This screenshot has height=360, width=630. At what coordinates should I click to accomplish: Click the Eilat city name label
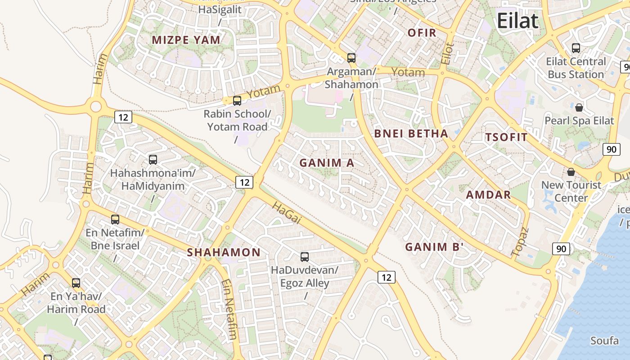click(x=517, y=21)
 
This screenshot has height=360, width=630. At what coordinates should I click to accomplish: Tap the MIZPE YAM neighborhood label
click(x=186, y=40)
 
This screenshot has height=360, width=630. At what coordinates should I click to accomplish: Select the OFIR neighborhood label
click(x=422, y=33)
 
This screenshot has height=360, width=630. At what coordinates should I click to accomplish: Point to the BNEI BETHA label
click(x=411, y=134)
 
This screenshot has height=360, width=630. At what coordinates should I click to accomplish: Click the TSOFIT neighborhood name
click(x=506, y=138)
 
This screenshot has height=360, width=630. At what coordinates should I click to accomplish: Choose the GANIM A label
click(x=327, y=163)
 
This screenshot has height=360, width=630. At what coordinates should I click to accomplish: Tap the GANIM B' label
click(x=434, y=247)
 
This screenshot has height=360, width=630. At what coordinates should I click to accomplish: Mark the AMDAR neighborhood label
click(x=488, y=195)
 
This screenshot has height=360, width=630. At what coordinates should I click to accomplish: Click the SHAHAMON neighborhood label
click(x=224, y=252)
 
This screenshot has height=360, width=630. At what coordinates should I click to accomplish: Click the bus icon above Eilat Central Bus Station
click(x=576, y=48)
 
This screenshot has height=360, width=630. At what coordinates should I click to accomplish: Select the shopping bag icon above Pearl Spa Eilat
click(x=579, y=108)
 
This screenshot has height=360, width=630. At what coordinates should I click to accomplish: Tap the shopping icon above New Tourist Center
click(x=571, y=172)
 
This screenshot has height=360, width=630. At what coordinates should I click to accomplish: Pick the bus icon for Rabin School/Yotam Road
click(x=237, y=101)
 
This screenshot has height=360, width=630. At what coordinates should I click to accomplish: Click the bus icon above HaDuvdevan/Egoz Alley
click(x=305, y=257)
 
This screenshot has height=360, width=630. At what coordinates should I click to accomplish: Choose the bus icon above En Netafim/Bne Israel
click(x=115, y=220)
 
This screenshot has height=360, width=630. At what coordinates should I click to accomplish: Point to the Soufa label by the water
click(x=604, y=341)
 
